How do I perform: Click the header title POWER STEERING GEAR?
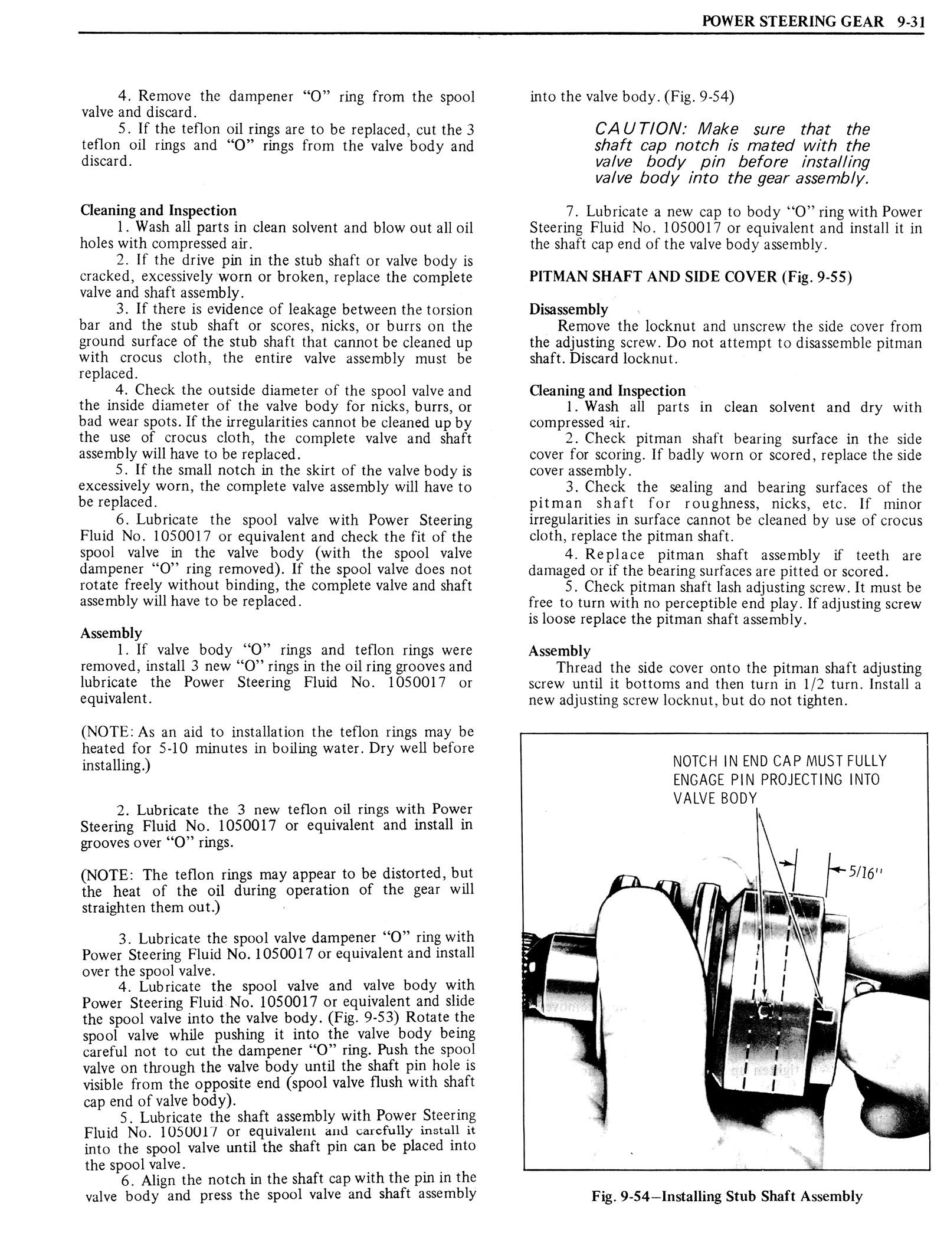[x=790, y=22]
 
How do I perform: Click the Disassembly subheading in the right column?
[x=568, y=309]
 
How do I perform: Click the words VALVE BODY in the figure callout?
[x=714, y=799]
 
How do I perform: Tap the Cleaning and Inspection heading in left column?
[x=158, y=210]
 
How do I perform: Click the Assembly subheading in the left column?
[x=111, y=633]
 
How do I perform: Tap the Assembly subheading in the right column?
[x=559, y=651]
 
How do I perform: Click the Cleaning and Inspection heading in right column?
[x=608, y=391]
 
